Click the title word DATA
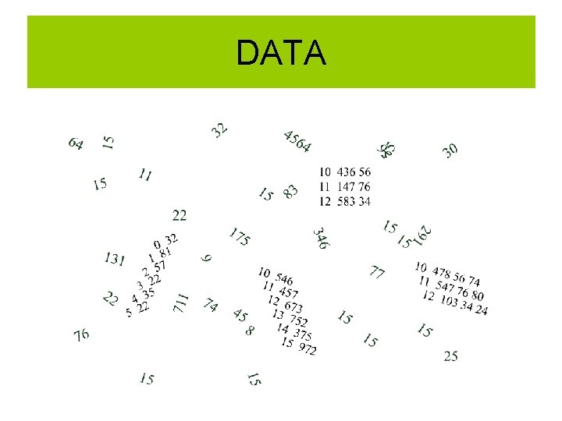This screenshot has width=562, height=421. [281, 53]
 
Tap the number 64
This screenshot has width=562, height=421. [76, 143]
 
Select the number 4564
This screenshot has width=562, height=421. [297, 141]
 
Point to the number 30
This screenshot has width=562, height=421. [450, 150]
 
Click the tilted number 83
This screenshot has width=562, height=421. [290, 191]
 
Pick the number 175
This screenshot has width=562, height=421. [240, 237]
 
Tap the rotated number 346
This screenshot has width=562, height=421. [321, 238]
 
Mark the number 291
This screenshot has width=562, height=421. [424, 233]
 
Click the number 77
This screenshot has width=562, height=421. [377, 272]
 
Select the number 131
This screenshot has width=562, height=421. [115, 259]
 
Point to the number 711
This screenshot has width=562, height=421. [180, 302]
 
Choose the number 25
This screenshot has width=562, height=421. [450, 356]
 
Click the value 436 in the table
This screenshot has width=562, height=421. [346, 172]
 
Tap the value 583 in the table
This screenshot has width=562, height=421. [346, 201]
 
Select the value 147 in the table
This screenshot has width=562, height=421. [346, 187]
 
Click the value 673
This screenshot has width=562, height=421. [293, 307]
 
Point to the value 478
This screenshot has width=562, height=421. [442, 272]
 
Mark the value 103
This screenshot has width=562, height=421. [449, 301]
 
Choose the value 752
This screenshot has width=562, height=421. [298, 320]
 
